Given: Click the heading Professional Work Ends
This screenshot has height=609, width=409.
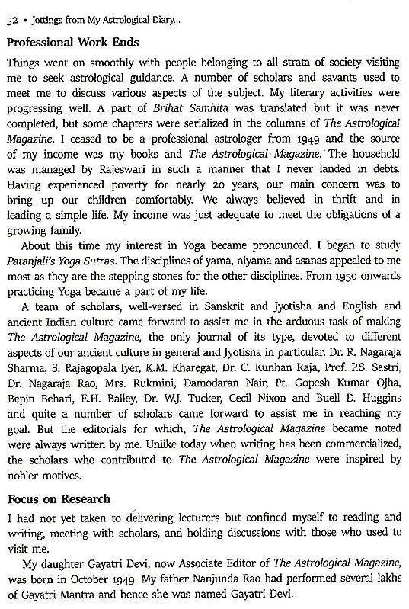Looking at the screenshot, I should coord(74,43).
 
